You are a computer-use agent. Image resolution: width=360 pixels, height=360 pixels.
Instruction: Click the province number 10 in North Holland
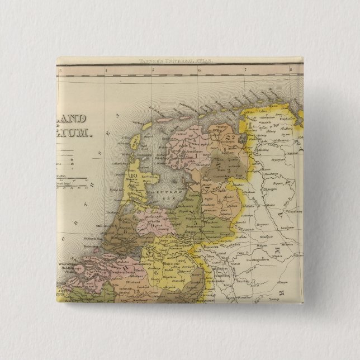coord(134,178)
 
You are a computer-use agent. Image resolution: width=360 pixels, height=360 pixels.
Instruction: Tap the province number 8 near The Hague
coord(124,230)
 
